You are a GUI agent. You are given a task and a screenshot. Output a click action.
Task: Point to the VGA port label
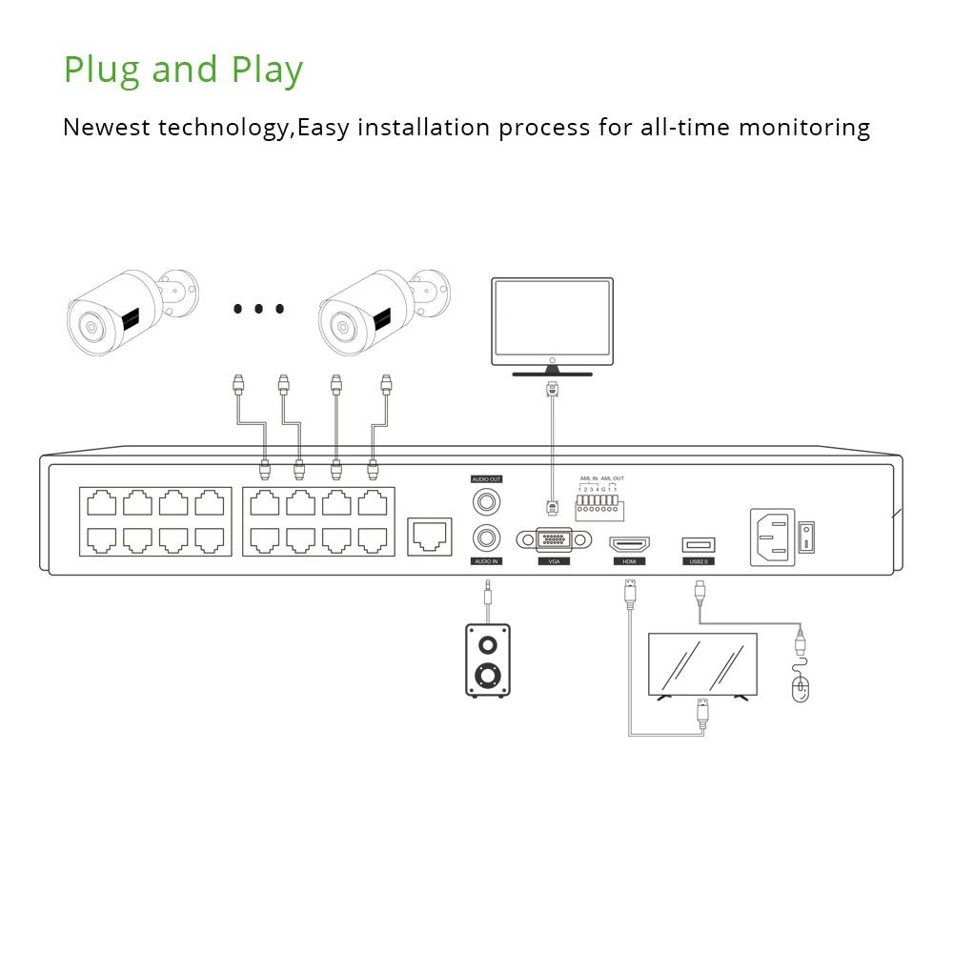pos(553,562)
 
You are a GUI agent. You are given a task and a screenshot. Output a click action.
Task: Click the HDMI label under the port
pos(629,562)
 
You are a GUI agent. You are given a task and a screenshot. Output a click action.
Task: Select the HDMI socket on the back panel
pos(629,545)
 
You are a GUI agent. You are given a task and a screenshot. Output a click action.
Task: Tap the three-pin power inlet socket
pos(772,537)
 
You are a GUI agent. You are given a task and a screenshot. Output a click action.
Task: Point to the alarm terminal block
pos(599,506)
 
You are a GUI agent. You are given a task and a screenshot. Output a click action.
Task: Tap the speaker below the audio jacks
pos(487,660)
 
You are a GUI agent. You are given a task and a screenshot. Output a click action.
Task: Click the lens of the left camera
pos(91,328)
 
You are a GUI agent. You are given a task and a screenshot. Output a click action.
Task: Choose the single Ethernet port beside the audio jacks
pos(430,537)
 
